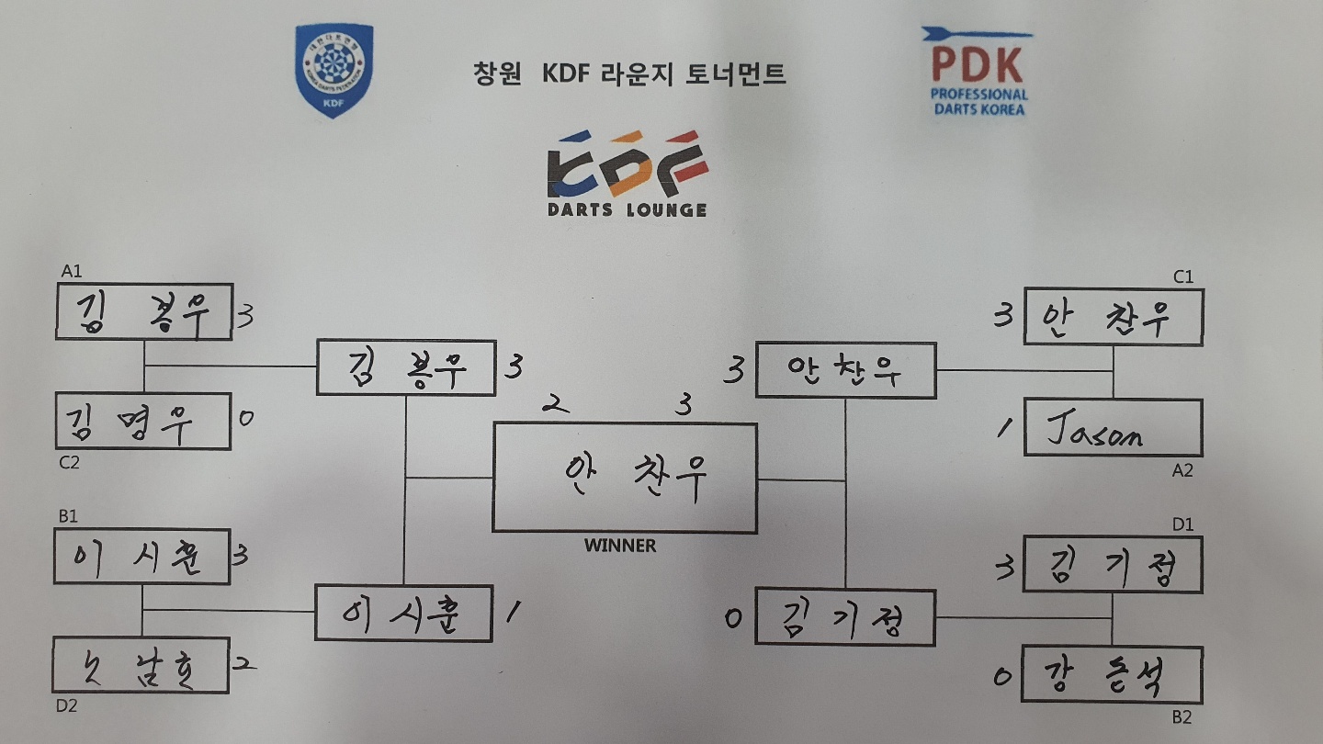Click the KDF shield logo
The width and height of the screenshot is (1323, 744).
tap(334, 70)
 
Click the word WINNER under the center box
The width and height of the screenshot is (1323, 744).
tap(620, 546)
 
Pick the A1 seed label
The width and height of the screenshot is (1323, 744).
tap(71, 272)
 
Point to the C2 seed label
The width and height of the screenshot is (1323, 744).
tap(69, 463)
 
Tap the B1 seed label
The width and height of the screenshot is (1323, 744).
tap(68, 516)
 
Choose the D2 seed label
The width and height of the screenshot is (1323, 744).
tap(69, 705)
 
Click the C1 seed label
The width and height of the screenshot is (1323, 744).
tap(1182, 276)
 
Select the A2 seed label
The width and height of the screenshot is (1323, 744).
tap(1182, 470)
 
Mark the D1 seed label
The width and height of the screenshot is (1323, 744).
tap(1183, 524)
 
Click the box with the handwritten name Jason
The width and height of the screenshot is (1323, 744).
tap(1113, 427)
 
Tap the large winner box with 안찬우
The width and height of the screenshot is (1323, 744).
tap(625, 477)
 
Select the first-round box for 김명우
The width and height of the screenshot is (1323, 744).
tap(142, 422)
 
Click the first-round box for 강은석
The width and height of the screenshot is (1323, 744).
tap(1113, 675)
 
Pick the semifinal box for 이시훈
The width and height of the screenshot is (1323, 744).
tap(404, 613)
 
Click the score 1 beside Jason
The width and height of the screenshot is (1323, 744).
tap(1003, 425)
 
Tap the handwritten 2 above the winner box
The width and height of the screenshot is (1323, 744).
tap(552, 403)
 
